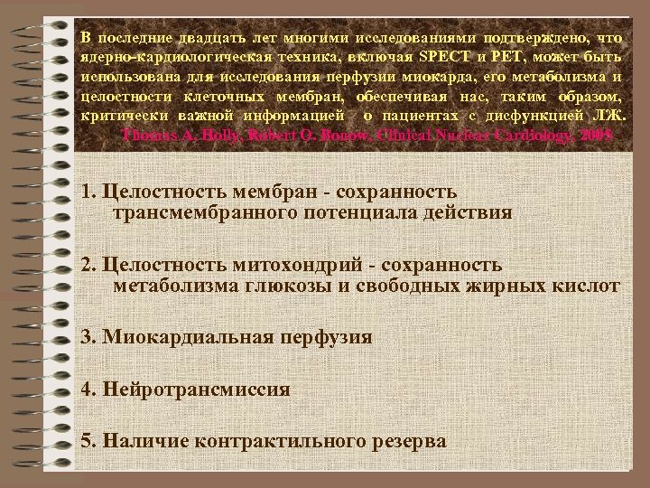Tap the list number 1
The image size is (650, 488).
pyautogui.click(x=87, y=192)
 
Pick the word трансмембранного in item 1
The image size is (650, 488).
pyautogui.click(x=194, y=213)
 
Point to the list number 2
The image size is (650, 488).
pyautogui.click(x=87, y=265)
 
